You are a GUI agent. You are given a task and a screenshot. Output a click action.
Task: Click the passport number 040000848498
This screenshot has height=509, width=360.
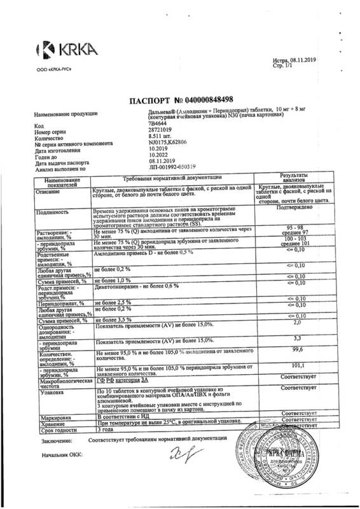click(203, 100)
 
